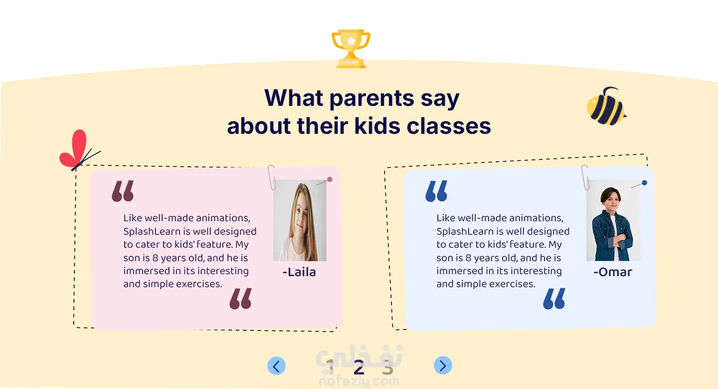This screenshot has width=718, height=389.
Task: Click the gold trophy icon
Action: (351, 49)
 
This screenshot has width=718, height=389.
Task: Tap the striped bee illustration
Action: (606, 106)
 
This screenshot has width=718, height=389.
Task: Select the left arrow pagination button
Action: (276, 366)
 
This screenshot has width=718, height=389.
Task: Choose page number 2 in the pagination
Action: (359, 368)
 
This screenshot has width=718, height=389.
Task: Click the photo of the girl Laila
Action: (300, 221)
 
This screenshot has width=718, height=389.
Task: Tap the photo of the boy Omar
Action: (613, 221)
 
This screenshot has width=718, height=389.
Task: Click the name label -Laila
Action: (299, 272)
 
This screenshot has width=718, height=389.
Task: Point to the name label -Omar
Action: (612, 272)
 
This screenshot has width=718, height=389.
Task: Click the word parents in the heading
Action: (372, 98)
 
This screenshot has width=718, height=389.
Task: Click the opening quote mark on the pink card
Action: (123, 191)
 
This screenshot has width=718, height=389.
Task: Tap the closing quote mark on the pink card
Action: (241, 299)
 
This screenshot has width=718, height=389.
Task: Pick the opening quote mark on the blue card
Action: (436, 191)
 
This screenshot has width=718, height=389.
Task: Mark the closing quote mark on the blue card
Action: (554, 299)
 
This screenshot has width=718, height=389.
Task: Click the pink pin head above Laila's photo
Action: (330, 179)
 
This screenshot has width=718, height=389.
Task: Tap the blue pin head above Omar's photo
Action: (645, 183)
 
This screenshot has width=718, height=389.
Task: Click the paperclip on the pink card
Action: (272, 177)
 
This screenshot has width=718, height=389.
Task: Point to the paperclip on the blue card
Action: (585, 177)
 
